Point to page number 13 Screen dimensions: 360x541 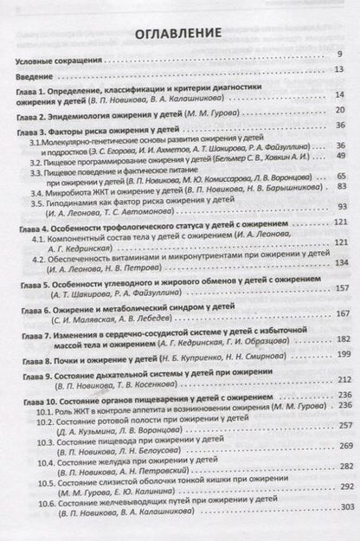coord(340,69)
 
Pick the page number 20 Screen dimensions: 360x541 coord(340,111)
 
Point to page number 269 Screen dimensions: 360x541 coord(338,447)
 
